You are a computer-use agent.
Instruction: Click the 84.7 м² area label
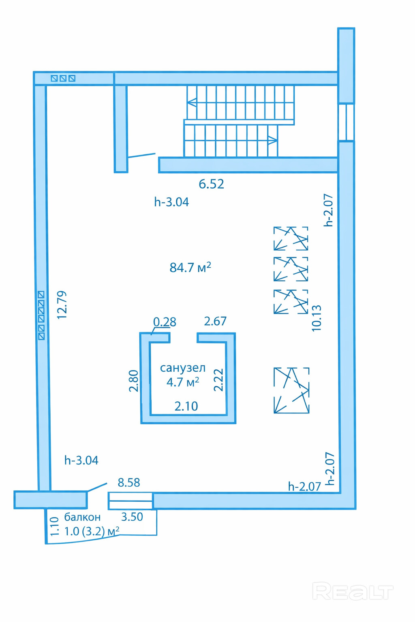(x=190, y=268)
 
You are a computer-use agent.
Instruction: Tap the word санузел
(x=183, y=368)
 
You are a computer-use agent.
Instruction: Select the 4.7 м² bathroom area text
(x=183, y=382)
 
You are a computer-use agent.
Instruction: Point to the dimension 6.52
(x=211, y=184)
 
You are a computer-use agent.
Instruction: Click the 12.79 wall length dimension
(x=62, y=305)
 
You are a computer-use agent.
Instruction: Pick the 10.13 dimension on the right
(x=317, y=318)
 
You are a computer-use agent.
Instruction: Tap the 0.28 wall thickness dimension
(x=165, y=322)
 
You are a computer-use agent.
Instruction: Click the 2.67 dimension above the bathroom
(x=215, y=321)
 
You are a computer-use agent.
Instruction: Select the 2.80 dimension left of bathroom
(x=134, y=381)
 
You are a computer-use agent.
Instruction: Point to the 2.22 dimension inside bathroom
(x=218, y=380)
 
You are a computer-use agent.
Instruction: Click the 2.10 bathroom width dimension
(x=186, y=406)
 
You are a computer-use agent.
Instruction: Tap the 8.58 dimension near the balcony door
(x=129, y=482)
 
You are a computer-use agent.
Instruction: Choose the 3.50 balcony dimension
(x=132, y=517)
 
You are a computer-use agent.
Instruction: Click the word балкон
(x=82, y=517)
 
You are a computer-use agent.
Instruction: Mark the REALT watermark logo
(x=353, y=592)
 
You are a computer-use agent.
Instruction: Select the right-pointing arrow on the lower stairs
(x=272, y=141)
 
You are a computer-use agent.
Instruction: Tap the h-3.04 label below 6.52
(x=171, y=202)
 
